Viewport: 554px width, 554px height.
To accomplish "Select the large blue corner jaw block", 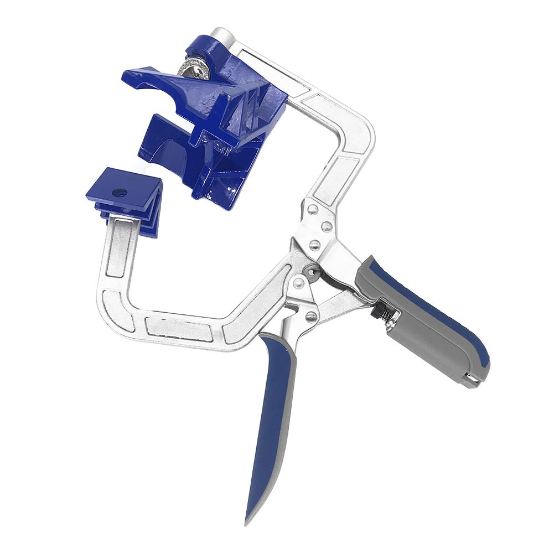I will [x=221, y=133].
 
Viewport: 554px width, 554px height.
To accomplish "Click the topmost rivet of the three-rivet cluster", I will [x=313, y=209].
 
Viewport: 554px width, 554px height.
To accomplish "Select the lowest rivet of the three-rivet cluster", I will [x=314, y=245].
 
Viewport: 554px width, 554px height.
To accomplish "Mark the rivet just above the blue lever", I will [x=311, y=316].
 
